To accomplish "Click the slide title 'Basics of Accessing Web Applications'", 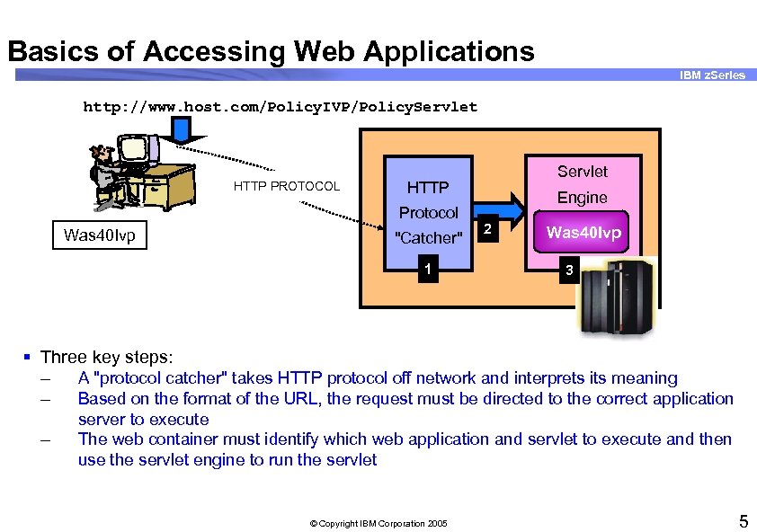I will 271,51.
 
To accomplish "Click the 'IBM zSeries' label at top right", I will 712,75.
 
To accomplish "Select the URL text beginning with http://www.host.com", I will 280,107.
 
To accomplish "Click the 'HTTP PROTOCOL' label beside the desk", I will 287,186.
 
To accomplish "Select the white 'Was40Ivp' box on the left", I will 99,235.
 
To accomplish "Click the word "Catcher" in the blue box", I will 429,238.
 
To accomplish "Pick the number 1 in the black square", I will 429,269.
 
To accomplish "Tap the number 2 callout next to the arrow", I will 486,229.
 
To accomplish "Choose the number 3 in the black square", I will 566,269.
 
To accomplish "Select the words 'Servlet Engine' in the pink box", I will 582,184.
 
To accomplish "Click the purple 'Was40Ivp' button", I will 583,233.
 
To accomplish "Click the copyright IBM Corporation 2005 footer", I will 377,523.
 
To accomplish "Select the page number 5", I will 743,520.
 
